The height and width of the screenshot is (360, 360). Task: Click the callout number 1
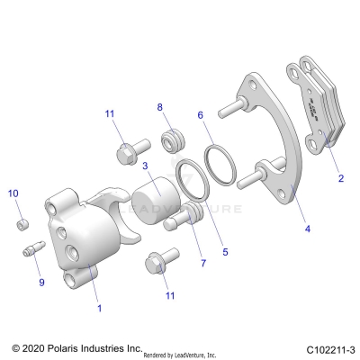[99, 307]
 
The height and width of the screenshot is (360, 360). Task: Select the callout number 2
[341, 179]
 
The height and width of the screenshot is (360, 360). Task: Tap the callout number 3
[145, 166]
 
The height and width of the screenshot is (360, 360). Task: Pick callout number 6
[200, 115]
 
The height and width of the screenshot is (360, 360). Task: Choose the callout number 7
[203, 264]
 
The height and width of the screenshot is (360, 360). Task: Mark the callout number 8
[161, 108]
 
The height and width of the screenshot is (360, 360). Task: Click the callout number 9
[40, 283]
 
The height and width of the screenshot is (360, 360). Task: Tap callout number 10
[13, 193]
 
